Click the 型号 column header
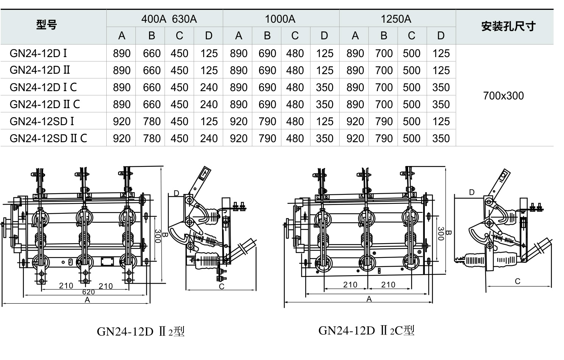click(x=47, y=26)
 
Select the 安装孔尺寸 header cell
click(x=508, y=26)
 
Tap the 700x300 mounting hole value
click(x=503, y=96)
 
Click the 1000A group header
click(x=280, y=19)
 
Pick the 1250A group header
click(x=396, y=19)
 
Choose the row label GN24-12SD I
click(x=42, y=121)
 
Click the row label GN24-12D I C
click(x=43, y=87)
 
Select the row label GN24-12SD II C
click(x=48, y=138)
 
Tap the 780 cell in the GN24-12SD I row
click(x=152, y=121)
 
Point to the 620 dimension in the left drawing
click(x=88, y=292)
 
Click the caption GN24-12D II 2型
click(x=141, y=332)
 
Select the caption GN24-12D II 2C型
click(x=366, y=331)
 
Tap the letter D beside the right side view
click(x=472, y=192)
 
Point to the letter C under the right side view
click(x=517, y=281)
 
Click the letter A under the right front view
click(x=369, y=299)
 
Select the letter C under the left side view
click(x=222, y=287)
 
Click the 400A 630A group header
click(x=169, y=19)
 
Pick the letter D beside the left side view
click(x=176, y=194)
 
